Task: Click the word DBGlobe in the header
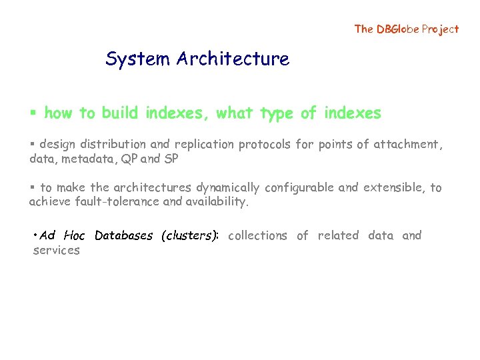pos(397,29)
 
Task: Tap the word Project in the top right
pos(440,29)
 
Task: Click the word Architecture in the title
pos(233,59)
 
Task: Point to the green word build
pos(121,113)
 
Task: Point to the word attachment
pos(407,144)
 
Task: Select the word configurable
pos(299,188)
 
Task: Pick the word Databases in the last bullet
pos(124,235)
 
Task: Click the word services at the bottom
pos(56,250)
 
